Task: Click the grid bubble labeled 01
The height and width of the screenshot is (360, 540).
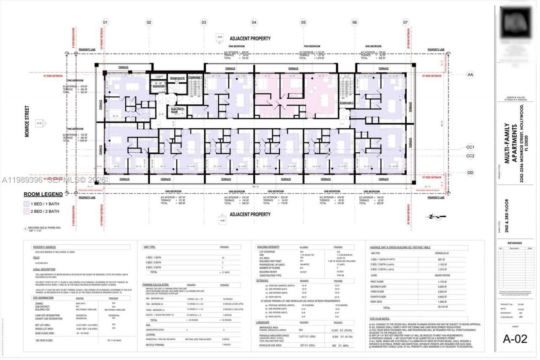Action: [105, 22]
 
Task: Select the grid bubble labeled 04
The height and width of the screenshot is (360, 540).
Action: [254, 22]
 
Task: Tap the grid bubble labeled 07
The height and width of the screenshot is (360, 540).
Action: [405, 22]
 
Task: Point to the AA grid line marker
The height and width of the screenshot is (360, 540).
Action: [470, 75]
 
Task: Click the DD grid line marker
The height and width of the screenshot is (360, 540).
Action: [470, 172]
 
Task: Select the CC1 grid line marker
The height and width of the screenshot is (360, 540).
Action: [470, 147]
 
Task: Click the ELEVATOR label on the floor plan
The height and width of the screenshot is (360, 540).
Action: [159, 86]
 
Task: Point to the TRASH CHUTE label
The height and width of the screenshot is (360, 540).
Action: [177, 78]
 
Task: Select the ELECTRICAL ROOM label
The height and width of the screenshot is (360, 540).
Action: [178, 111]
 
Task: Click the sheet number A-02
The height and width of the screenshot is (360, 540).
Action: [515, 338]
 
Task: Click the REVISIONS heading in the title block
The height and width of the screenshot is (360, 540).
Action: [515, 243]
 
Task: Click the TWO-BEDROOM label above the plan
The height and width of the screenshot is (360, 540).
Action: [312, 46]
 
